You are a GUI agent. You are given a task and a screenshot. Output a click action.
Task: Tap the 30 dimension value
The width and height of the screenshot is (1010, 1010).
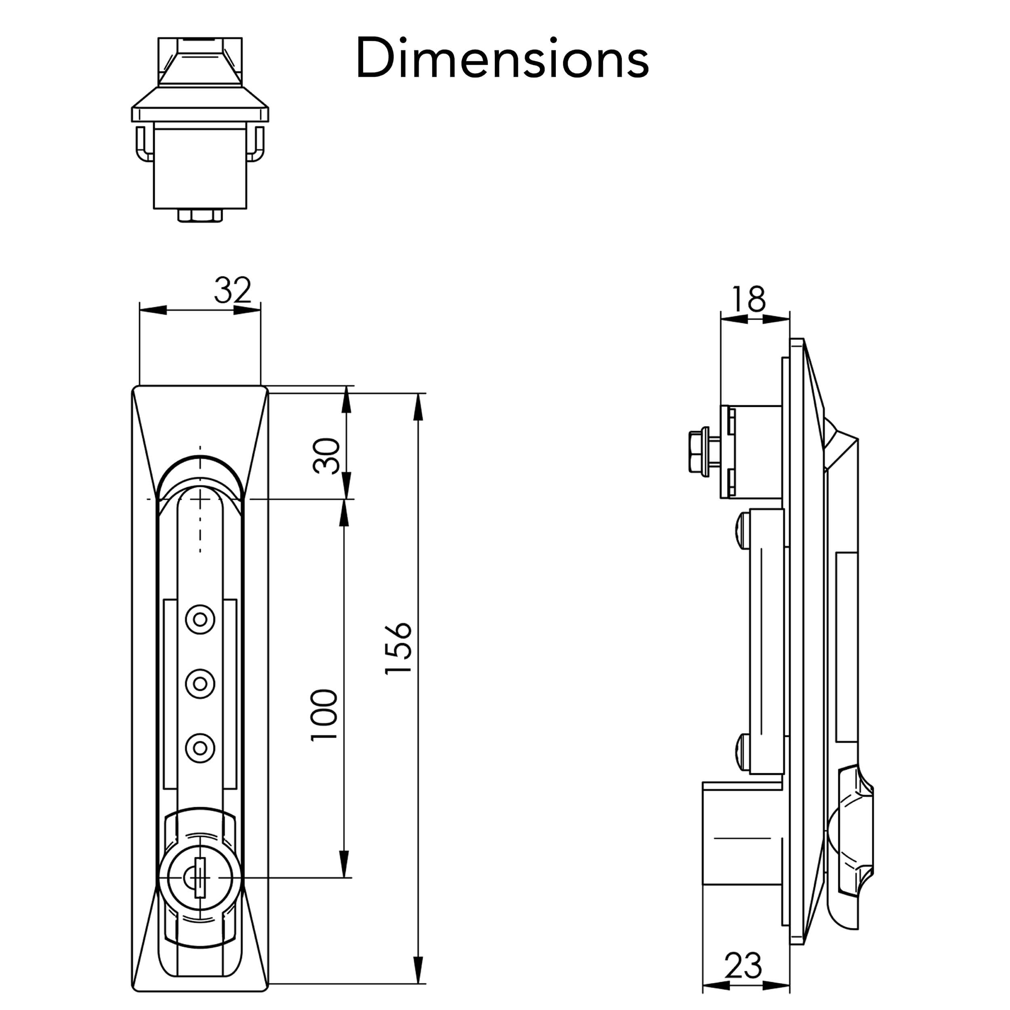(x=326, y=456)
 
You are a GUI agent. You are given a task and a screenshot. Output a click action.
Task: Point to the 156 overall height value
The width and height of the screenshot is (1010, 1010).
(x=398, y=648)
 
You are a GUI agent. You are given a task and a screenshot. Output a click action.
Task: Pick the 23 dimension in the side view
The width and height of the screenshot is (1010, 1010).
(x=743, y=965)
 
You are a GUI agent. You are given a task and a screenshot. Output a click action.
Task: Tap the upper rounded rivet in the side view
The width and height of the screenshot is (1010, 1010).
(x=742, y=530)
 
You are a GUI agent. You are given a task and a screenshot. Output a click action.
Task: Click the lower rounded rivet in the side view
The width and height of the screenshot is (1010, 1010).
(x=742, y=751)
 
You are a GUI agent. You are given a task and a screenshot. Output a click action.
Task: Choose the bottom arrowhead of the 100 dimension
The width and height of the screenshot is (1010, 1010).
(x=343, y=864)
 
